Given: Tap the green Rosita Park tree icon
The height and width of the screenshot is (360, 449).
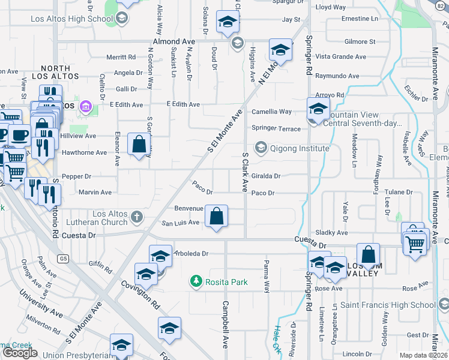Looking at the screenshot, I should click(195, 280).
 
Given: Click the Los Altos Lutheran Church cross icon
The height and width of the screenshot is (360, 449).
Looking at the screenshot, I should click(137, 217).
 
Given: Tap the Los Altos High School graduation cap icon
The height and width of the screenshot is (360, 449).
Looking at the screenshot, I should click(122, 18).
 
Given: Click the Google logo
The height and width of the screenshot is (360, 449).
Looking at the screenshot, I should click(20, 353).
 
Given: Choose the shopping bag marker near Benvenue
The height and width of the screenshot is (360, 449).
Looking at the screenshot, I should click(216, 215).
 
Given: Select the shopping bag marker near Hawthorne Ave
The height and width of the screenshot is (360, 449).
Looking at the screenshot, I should click(139, 144).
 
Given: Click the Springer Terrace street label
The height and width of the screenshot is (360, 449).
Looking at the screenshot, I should click(276, 128).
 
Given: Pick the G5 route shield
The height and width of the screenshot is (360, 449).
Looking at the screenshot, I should click(63, 259).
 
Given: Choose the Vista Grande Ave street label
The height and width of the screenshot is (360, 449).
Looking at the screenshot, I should click(340, 57).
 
